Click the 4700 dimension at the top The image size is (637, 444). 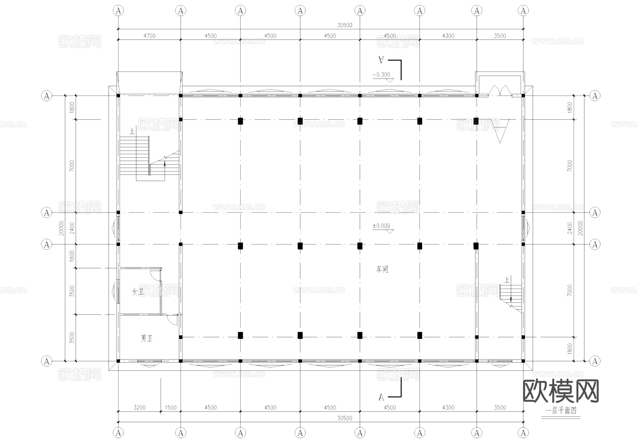[x=149, y=36]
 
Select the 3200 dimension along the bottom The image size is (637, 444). [x=139, y=408]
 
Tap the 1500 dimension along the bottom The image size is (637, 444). [x=171, y=408]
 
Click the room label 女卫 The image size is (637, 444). [x=138, y=292]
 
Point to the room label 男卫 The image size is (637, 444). [x=147, y=339]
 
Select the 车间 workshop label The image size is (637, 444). [x=382, y=269]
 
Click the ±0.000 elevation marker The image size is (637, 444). [x=381, y=226]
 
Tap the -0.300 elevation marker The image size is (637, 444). [x=381, y=75]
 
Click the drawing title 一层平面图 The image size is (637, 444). [x=561, y=411]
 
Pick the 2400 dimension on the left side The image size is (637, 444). [x=72, y=228]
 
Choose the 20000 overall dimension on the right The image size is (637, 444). [x=580, y=228]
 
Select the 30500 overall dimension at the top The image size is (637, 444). [x=344, y=25]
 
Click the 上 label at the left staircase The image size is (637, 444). [x=132, y=132]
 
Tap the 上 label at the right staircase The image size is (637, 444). [x=507, y=280]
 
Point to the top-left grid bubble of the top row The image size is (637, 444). [x=118, y=11]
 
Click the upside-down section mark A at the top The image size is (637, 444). [x=381, y=60]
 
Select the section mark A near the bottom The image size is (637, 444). [x=381, y=397]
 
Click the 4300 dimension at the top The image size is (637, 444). [x=448, y=36]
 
